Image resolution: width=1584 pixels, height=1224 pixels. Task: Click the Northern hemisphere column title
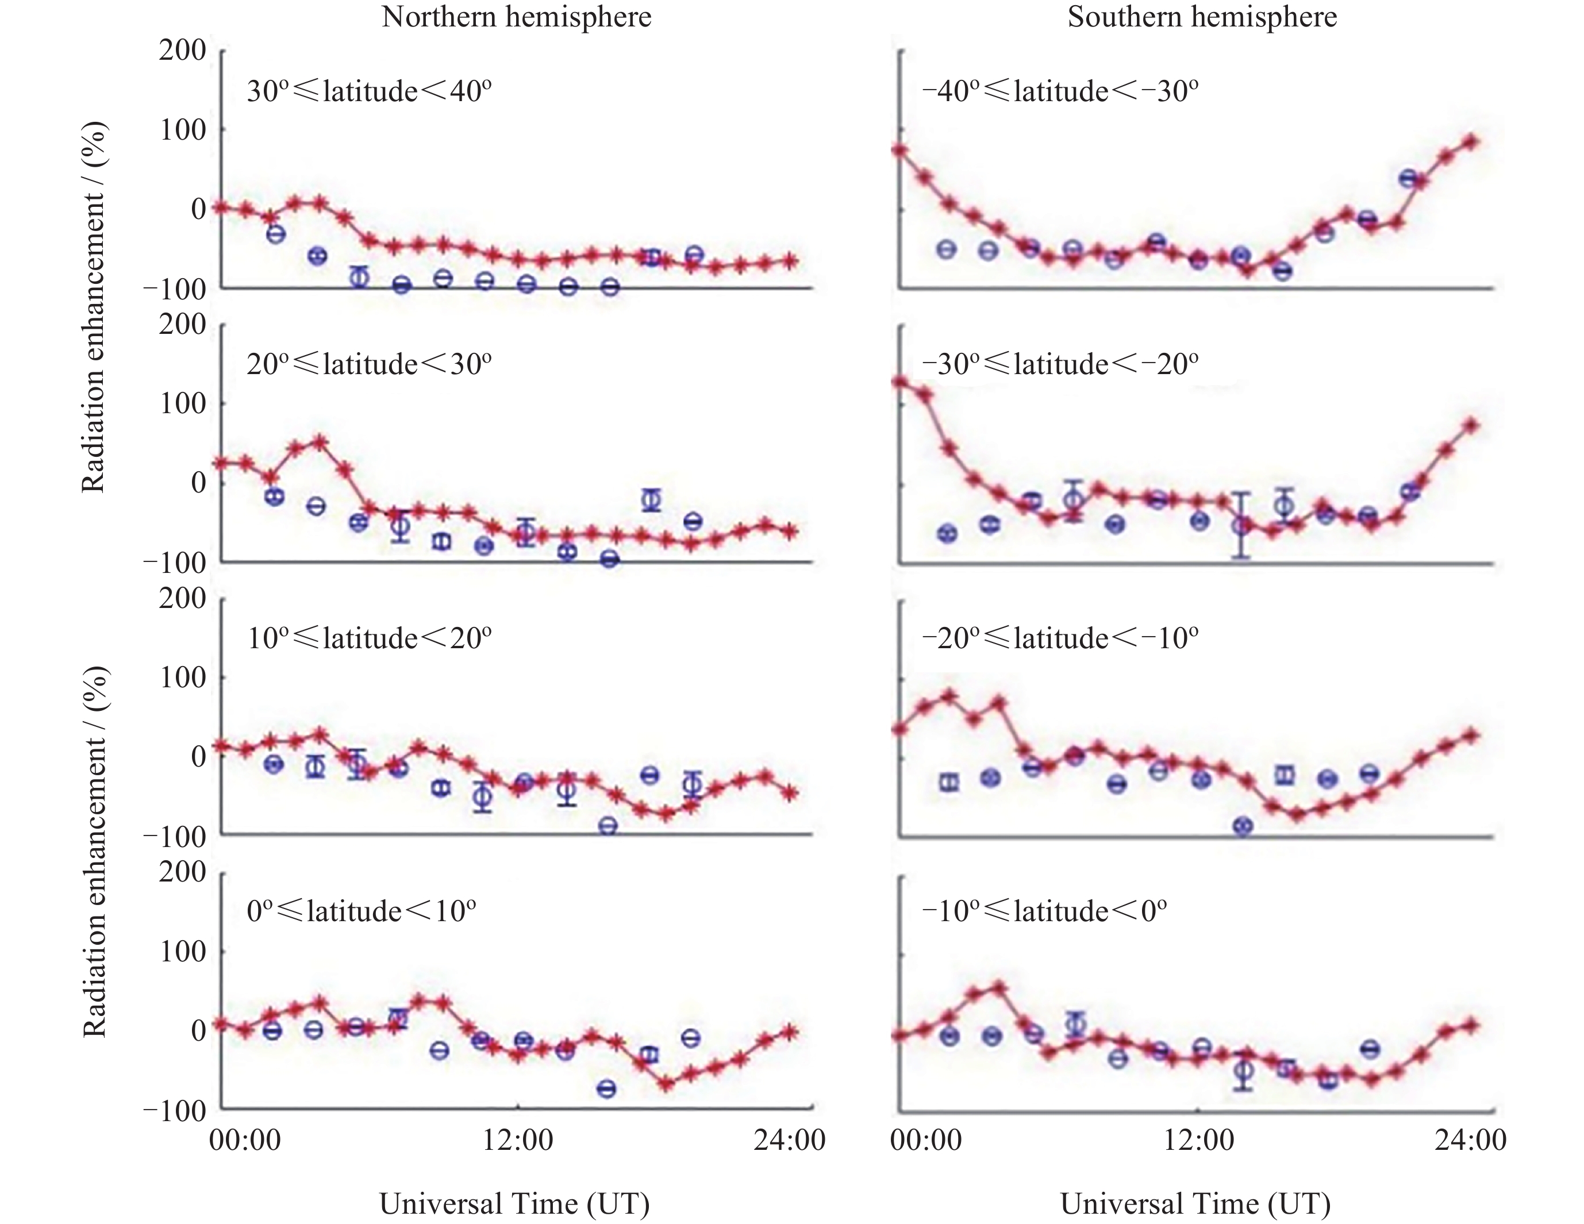(x=516, y=17)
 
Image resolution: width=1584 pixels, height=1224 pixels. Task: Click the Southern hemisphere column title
(x=1202, y=17)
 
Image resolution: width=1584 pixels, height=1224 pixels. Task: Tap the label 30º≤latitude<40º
(x=369, y=92)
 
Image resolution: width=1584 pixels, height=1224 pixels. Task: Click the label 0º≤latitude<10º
(x=361, y=911)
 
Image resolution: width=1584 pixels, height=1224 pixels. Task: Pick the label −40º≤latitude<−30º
(x=1060, y=92)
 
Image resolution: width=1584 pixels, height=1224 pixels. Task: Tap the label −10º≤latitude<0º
(x=1044, y=911)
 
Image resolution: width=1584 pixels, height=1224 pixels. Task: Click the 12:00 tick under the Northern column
(x=518, y=1141)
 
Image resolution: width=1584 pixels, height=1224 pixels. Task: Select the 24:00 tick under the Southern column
(x=1470, y=1141)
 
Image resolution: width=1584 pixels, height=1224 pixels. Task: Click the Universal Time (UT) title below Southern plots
(x=1195, y=1204)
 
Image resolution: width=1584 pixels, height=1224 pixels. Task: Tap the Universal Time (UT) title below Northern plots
(x=514, y=1204)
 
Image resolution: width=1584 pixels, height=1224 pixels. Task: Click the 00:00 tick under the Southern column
(x=925, y=1141)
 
